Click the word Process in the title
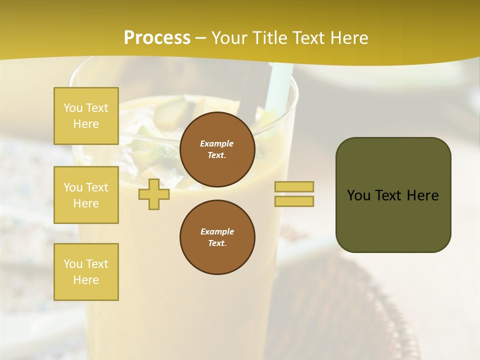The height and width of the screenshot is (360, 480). [x=157, y=38]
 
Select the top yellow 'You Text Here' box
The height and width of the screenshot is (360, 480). [x=86, y=116]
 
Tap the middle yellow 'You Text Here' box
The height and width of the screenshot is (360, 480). [x=86, y=195]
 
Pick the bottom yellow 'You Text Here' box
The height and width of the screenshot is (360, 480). [x=86, y=272]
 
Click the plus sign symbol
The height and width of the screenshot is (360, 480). [x=154, y=194]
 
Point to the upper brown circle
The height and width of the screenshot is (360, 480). [x=217, y=149]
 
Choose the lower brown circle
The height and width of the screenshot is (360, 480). [x=217, y=237]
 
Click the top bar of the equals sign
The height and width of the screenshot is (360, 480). [x=294, y=186]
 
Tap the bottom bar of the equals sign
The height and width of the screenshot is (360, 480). [x=294, y=201]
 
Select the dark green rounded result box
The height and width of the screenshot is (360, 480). [x=393, y=195]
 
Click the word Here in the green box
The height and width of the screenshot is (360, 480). [x=422, y=195]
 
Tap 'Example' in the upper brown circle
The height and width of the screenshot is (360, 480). [x=217, y=143]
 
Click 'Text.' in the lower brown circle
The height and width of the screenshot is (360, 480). [x=217, y=243]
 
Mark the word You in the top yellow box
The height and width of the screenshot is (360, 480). [x=72, y=108]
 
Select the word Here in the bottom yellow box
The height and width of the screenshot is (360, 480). [x=86, y=280]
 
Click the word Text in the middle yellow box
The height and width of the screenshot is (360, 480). [x=97, y=187]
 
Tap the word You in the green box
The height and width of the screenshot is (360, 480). [x=358, y=195]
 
